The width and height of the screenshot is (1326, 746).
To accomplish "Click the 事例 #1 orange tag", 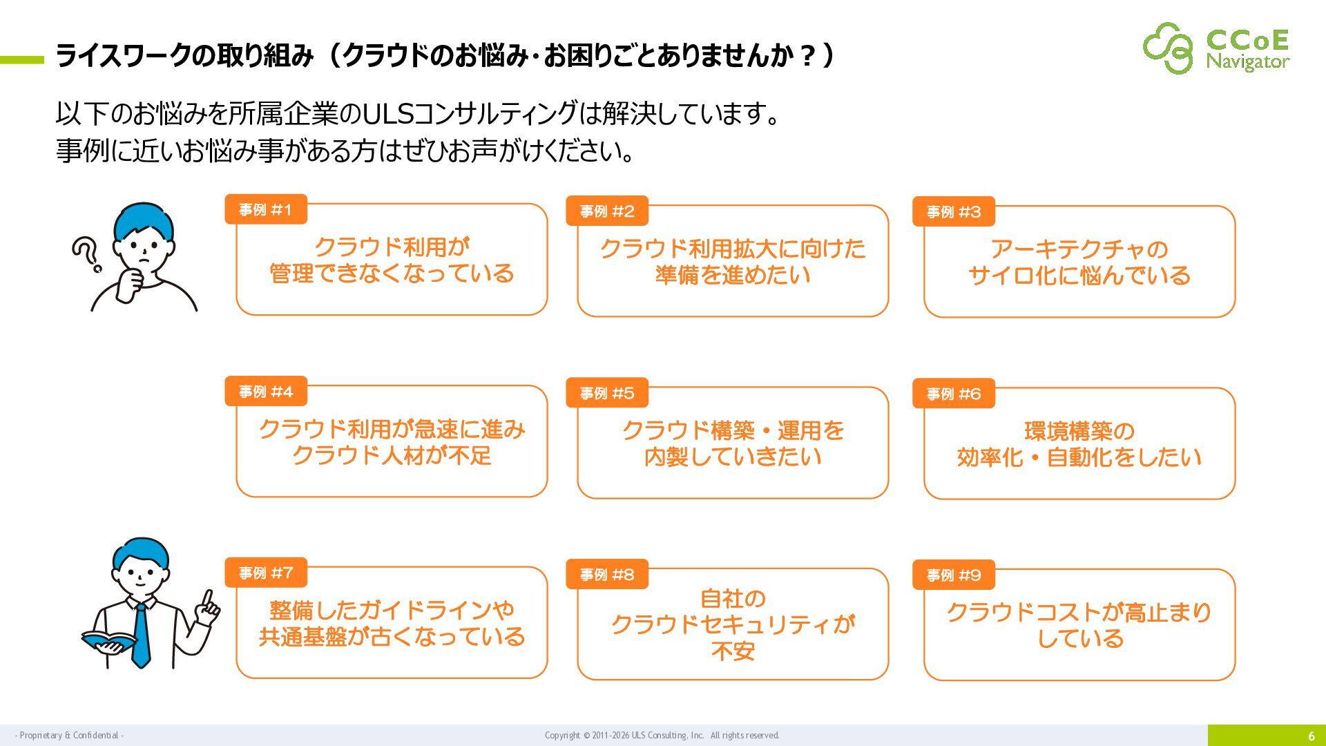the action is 266,210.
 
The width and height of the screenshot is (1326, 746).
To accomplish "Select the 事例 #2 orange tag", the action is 607,211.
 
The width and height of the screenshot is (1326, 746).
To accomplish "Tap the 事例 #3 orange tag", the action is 954,212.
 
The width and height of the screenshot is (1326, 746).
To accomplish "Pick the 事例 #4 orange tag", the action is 266,392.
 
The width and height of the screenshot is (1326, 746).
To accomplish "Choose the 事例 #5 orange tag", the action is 607,393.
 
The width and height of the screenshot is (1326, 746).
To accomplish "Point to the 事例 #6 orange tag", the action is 954,394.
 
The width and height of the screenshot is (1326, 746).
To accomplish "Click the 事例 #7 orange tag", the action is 266,573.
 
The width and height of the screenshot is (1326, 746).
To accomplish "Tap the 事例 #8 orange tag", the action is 607,575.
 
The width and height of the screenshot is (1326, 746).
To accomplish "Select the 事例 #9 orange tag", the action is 954,575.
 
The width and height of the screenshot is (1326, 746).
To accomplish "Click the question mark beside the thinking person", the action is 86,254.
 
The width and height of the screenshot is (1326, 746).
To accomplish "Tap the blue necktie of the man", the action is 141,635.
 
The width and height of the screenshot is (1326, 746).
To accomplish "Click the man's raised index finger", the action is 208,598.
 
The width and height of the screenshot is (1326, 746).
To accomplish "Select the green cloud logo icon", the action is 1168,48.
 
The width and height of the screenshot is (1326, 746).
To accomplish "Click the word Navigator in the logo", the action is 1248,61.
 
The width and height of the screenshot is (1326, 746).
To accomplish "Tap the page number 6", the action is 1311,736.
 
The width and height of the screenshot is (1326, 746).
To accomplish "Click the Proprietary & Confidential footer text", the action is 69,736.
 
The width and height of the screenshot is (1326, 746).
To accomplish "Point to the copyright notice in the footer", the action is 662,736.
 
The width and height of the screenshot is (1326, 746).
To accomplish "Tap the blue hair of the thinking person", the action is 144,218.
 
